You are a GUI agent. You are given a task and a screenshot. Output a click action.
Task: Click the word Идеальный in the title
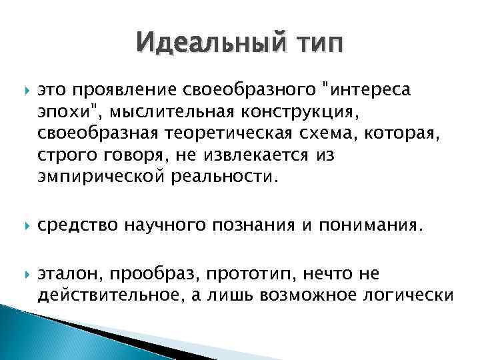coord(200,45)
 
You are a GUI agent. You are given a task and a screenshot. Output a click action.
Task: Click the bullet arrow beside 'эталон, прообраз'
coord(23,274)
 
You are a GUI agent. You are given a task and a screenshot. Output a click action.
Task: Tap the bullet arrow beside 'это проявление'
coord(23,90)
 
